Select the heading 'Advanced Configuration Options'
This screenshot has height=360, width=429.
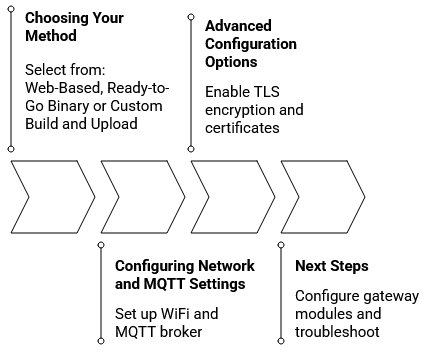pyautogui.click(x=250, y=45)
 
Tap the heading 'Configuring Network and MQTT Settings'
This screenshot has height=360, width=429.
pyautogui.click(x=184, y=275)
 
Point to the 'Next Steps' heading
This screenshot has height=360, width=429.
pyautogui.click(x=331, y=266)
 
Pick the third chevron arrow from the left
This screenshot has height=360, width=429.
pyautogui.click(x=233, y=196)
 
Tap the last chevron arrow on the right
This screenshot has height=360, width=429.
pyautogui.click(x=323, y=196)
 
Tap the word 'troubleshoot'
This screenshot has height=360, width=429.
pyautogui.click(x=336, y=332)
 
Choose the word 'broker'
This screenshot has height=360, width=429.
pyautogui.click(x=180, y=332)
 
